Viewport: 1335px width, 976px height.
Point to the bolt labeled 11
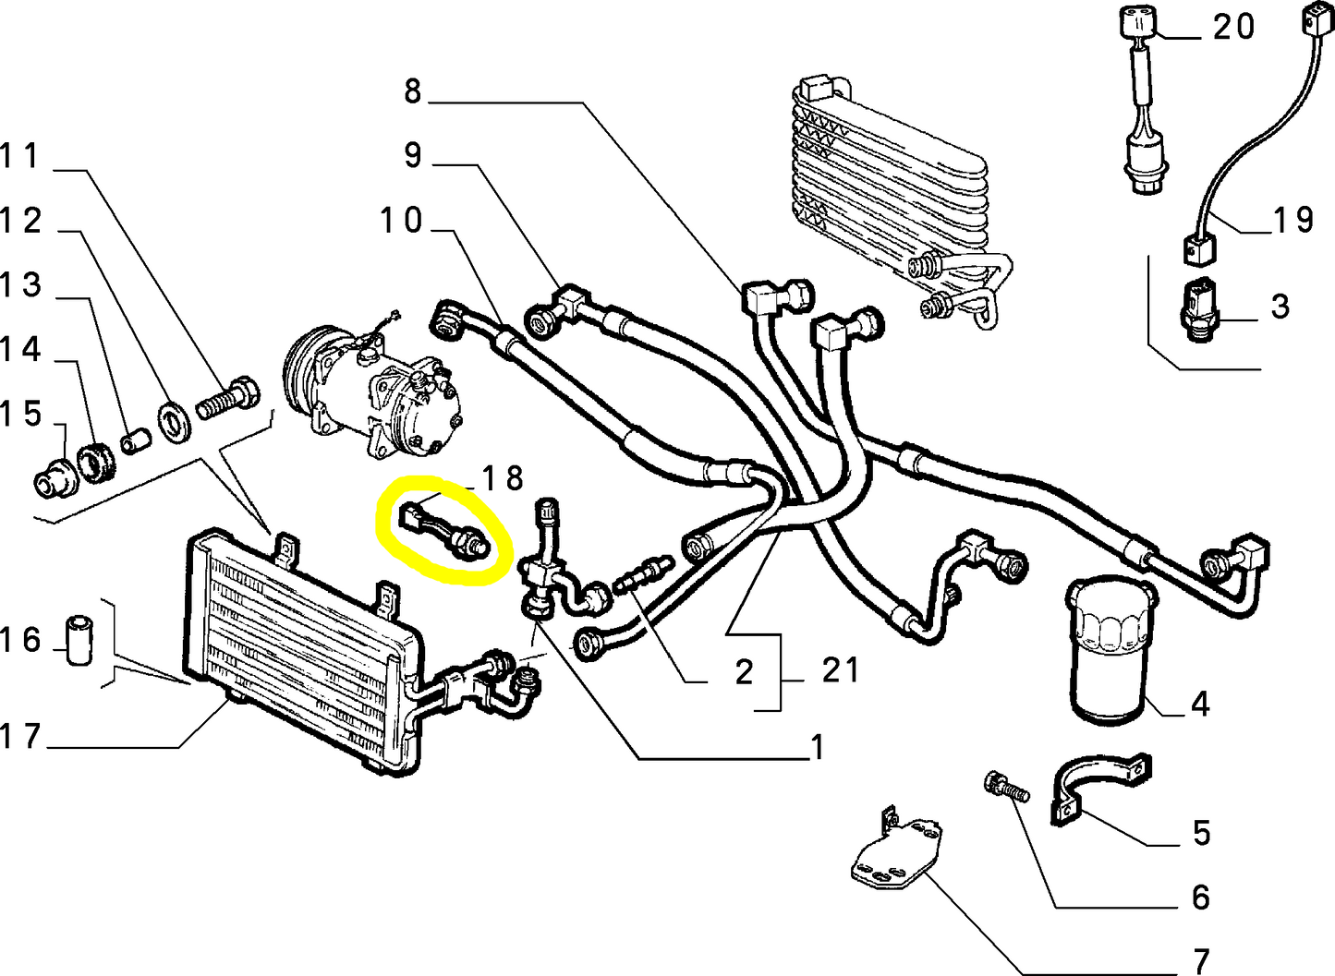click(x=229, y=400)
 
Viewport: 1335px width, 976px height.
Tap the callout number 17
click(x=20, y=736)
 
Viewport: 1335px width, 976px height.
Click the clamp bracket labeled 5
click(x=1099, y=785)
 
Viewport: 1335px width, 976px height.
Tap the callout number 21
click(x=840, y=669)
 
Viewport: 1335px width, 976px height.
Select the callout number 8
click(x=412, y=90)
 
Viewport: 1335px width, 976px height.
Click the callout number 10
click(x=401, y=221)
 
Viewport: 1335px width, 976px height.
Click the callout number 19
click(x=1293, y=220)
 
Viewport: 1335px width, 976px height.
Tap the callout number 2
click(x=745, y=672)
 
